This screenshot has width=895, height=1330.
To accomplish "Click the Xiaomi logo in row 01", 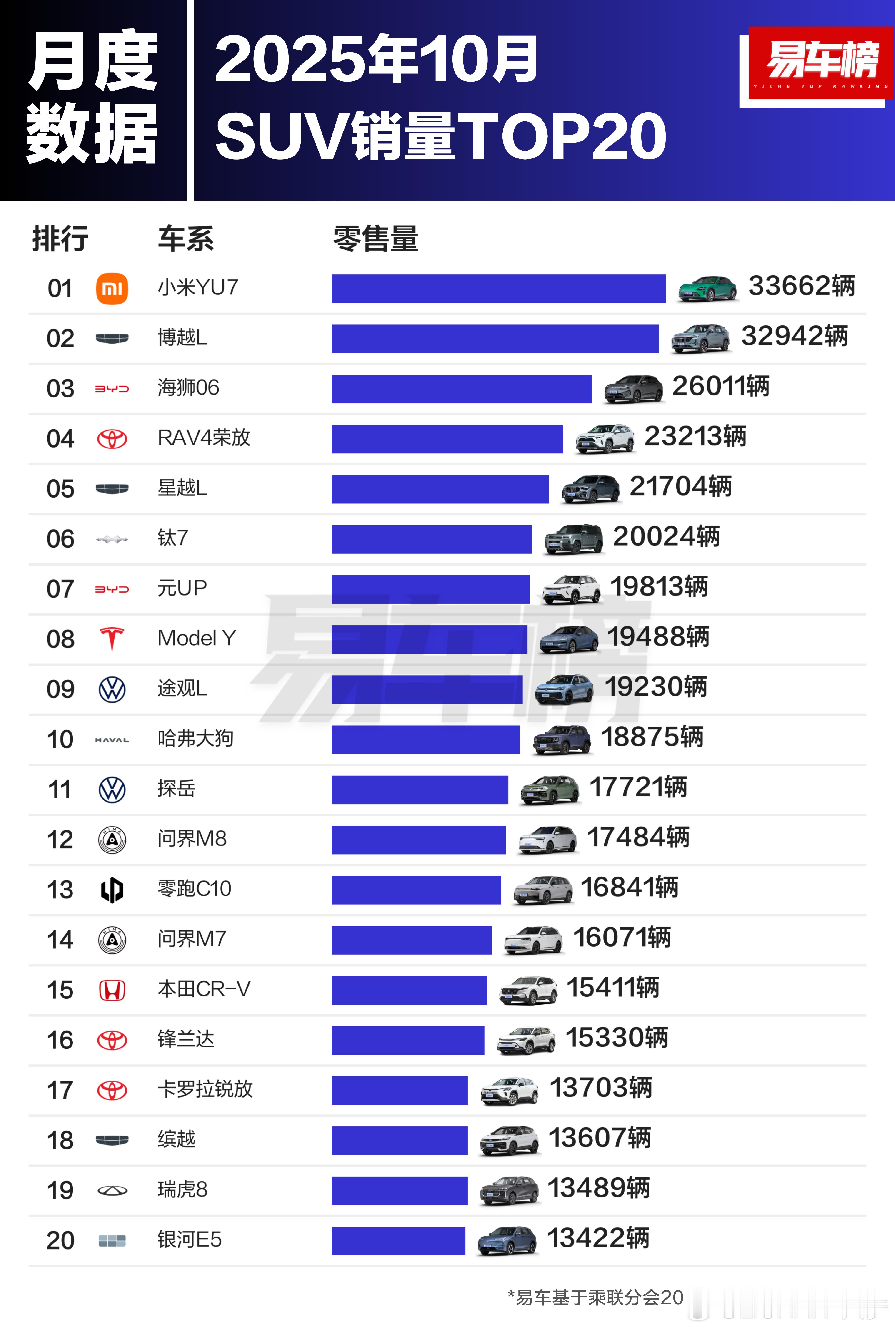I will [x=112, y=288].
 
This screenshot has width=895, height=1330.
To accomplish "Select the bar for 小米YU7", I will [x=498, y=288].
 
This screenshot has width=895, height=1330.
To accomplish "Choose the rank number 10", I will [x=60, y=739].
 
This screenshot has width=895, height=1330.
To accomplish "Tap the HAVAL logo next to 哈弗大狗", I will [x=112, y=740].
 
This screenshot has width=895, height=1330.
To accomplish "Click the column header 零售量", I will [x=376, y=239].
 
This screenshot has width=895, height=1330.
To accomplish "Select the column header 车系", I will [x=185, y=239].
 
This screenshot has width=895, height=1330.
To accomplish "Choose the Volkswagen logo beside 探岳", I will [x=112, y=790].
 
